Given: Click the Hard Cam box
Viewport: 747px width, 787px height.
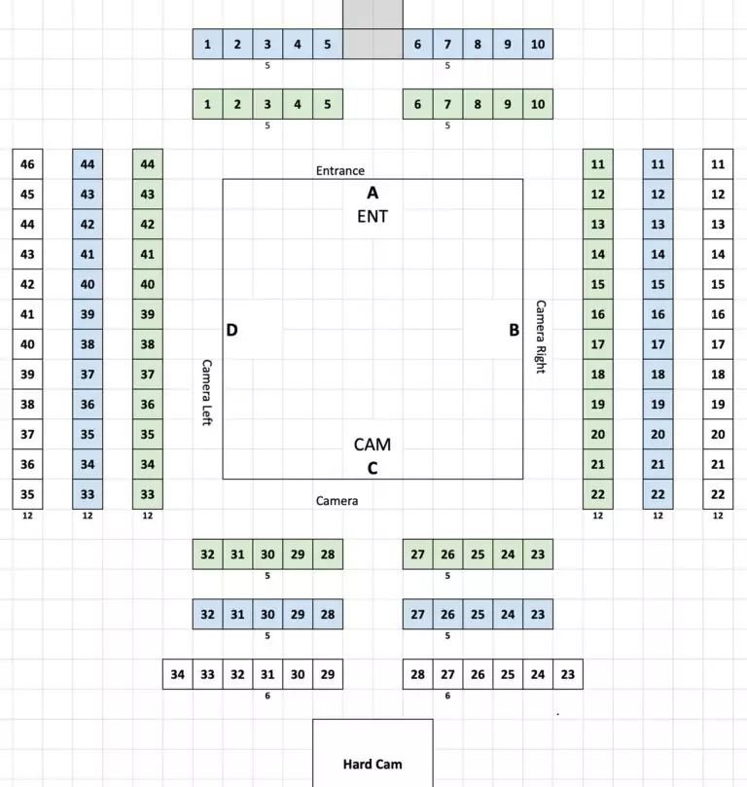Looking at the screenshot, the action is pyautogui.click(x=373, y=753).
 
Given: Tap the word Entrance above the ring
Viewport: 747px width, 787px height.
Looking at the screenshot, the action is pyautogui.click(x=340, y=170).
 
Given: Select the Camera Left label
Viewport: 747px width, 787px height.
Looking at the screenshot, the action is pyautogui.click(x=207, y=392).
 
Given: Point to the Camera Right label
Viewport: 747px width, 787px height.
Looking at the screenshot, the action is pyautogui.click(x=540, y=337).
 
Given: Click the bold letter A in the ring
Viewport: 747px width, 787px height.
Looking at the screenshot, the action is pyautogui.click(x=373, y=193).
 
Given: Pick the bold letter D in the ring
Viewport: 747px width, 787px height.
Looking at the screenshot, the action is pyautogui.click(x=231, y=330).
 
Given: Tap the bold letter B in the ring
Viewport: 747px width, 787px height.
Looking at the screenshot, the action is pyautogui.click(x=514, y=330).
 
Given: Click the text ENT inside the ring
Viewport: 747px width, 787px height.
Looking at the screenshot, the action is pyautogui.click(x=373, y=216).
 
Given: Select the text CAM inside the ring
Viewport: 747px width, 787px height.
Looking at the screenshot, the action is pyautogui.click(x=373, y=445).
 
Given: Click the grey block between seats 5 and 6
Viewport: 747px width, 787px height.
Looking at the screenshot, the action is pyautogui.click(x=373, y=29).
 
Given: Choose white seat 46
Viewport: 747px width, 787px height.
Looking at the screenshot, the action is pyautogui.click(x=27, y=164).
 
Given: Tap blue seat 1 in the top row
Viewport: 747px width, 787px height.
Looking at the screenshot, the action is pyautogui.click(x=208, y=44).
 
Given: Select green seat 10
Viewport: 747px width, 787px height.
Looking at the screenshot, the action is pyautogui.click(x=538, y=104).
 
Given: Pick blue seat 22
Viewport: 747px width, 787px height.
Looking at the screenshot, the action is pyautogui.click(x=658, y=494).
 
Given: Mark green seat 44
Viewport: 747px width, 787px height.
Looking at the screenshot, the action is pyautogui.click(x=148, y=164).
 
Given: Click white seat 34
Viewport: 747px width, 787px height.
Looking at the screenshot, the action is pyautogui.click(x=178, y=674).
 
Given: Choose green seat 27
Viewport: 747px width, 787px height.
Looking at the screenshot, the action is pyautogui.click(x=418, y=554).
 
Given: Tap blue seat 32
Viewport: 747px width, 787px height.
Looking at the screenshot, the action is pyautogui.click(x=208, y=615).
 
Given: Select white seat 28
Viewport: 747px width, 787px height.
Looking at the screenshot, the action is pyautogui.click(x=418, y=674).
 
